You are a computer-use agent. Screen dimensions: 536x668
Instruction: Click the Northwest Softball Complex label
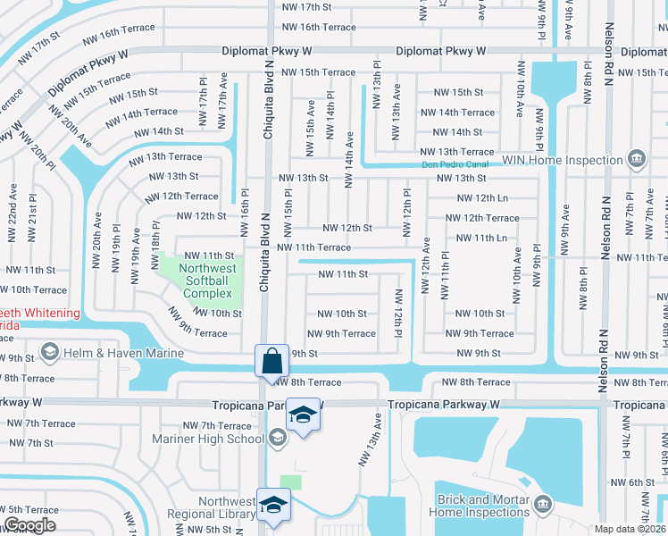(207, 281)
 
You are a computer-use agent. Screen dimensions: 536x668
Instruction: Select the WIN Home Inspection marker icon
(636, 160)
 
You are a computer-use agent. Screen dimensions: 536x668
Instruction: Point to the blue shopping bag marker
(271, 362)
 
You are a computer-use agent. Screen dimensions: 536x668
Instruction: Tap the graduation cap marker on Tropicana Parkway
(304, 416)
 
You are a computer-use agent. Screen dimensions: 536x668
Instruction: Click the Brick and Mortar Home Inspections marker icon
(542, 506)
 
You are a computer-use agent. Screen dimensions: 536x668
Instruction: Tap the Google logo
(30, 525)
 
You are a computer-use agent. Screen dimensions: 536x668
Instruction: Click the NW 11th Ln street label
(480, 238)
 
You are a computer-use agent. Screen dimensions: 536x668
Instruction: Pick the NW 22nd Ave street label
(13, 214)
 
